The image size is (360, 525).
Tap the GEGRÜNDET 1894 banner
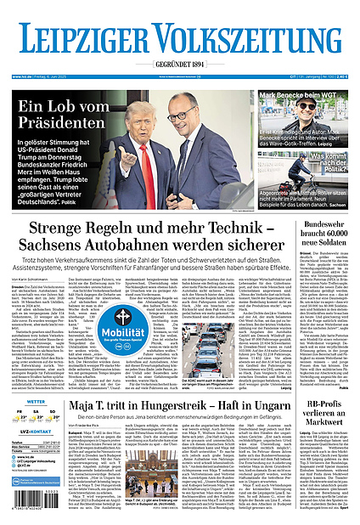[179, 65]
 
